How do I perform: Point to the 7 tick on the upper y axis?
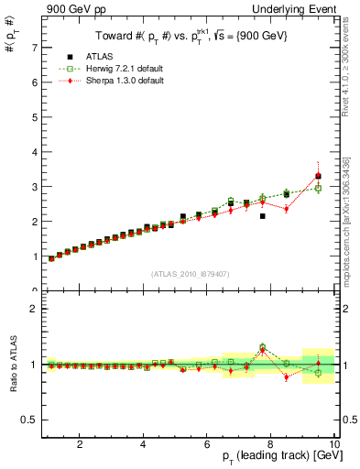tap(34, 47)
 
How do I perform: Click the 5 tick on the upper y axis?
tap(34, 116)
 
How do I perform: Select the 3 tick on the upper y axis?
tap(34, 186)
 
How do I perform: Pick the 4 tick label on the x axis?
tap(144, 444)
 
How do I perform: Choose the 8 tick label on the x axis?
tap(270, 444)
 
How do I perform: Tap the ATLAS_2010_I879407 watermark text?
tap(190, 273)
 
